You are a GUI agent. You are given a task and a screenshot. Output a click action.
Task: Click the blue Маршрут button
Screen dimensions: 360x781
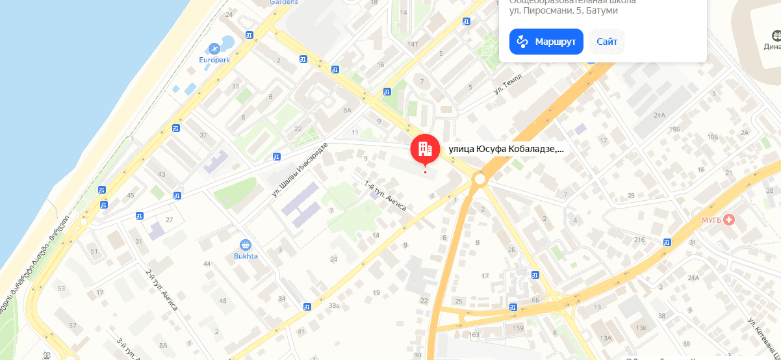click(546, 42)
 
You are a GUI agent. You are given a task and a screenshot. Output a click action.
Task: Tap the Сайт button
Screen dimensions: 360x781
click(607, 42)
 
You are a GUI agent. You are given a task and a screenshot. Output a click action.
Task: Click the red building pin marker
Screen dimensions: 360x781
click(425, 149)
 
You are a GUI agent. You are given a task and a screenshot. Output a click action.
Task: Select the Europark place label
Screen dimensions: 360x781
click(214, 60)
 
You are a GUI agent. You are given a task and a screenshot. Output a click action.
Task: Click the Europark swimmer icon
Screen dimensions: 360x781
click(214, 48)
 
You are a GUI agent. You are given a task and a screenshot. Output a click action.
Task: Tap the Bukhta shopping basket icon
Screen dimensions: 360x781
click(246, 245)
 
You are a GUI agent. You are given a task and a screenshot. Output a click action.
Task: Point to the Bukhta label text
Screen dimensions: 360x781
click(246, 256)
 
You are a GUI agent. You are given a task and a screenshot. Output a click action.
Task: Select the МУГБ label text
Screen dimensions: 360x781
click(711, 220)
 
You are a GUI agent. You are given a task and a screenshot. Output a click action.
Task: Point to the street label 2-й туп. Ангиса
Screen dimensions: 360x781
click(161, 289)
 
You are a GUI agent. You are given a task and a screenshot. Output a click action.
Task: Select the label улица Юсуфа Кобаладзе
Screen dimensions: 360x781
click(506, 149)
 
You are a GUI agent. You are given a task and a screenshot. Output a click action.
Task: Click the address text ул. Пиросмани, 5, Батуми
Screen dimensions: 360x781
click(563, 10)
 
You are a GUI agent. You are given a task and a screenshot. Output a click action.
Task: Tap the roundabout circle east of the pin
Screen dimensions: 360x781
click(480, 179)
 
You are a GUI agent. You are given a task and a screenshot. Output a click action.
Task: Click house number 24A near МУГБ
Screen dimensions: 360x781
click(693, 278)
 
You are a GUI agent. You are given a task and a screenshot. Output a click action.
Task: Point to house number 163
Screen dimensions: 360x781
click(474, 335)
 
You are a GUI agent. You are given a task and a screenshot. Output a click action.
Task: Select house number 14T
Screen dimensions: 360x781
click(412, 44)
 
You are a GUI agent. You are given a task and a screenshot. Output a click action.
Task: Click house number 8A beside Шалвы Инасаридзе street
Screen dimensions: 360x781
click(348, 110)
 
